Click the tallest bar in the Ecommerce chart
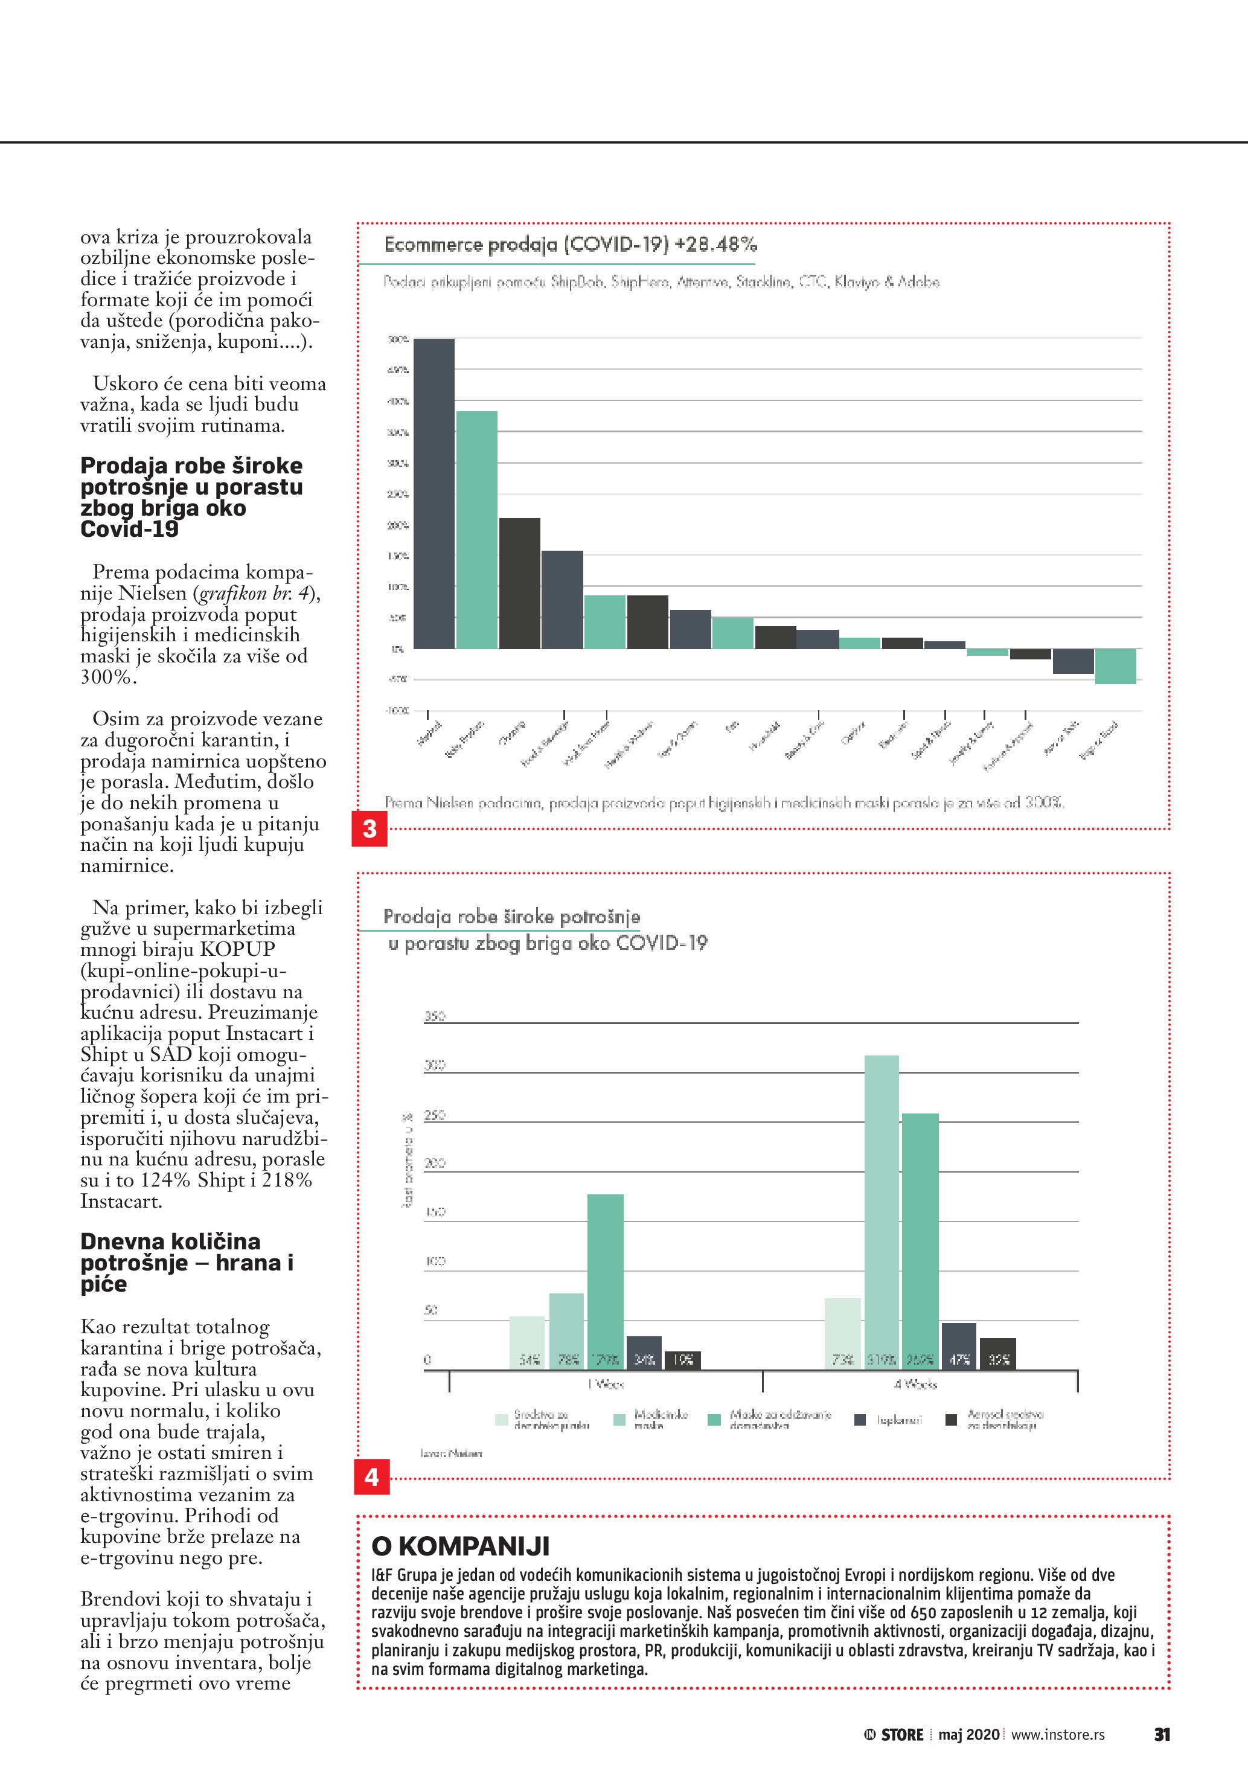(434, 493)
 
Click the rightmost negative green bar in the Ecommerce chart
(1115, 665)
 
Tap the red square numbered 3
(370, 828)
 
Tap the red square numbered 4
(372, 1477)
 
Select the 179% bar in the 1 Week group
(606, 1281)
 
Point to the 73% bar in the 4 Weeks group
(842, 1334)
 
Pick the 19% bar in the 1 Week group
(682, 1360)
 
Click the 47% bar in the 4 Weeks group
(958, 1345)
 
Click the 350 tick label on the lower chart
(434, 1016)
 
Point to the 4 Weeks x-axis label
(915, 1385)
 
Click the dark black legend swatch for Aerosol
(950, 1420)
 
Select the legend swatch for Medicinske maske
(619, 1420)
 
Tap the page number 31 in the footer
(1162, 1734)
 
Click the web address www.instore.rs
(1057, 1734)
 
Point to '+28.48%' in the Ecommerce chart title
(715, 245)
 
